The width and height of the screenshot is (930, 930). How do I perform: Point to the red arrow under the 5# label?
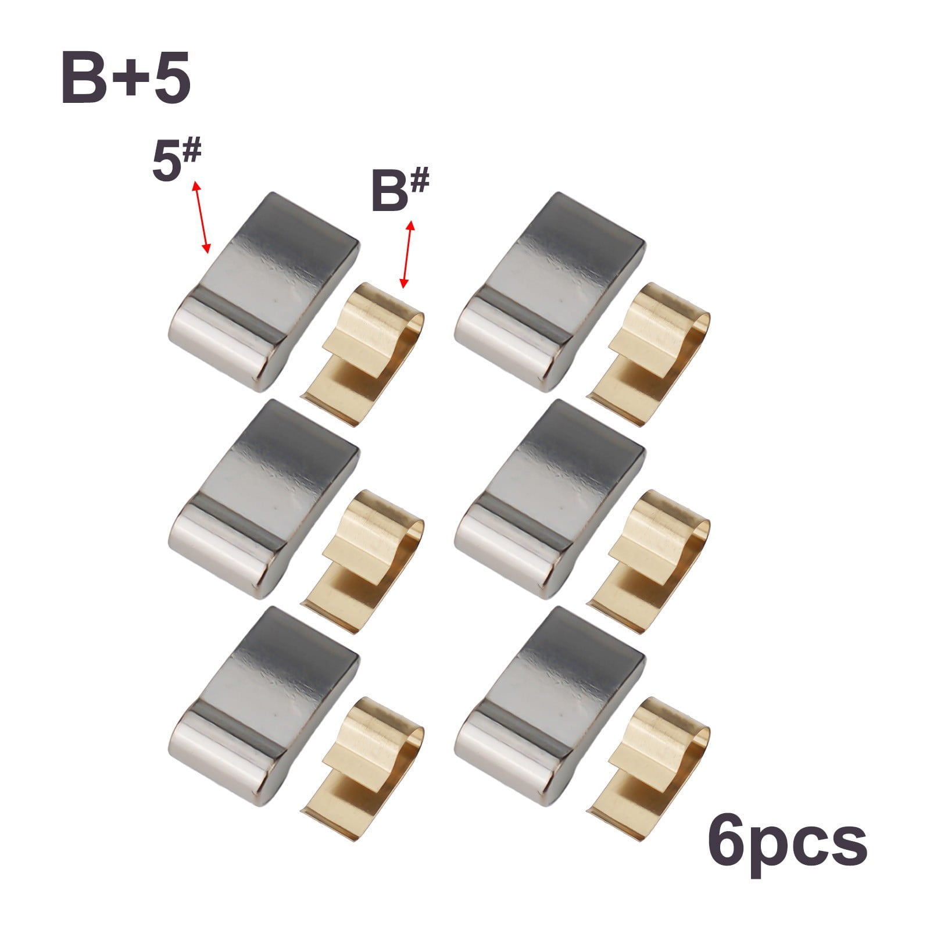point(201,216)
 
